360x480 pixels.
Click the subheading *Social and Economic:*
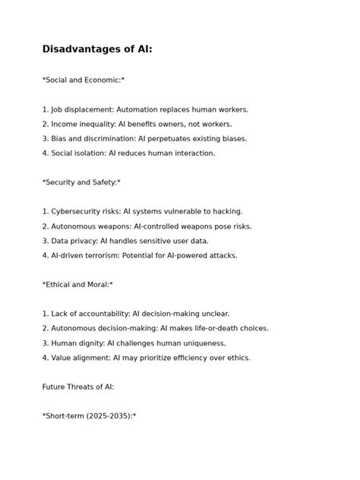tap(84, 80)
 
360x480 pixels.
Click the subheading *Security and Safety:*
tap(81, 182)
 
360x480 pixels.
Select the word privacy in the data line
tap(83, 241)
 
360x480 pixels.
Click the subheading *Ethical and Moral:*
tap(77, 285)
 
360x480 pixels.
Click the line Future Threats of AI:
tap(78, 387)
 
